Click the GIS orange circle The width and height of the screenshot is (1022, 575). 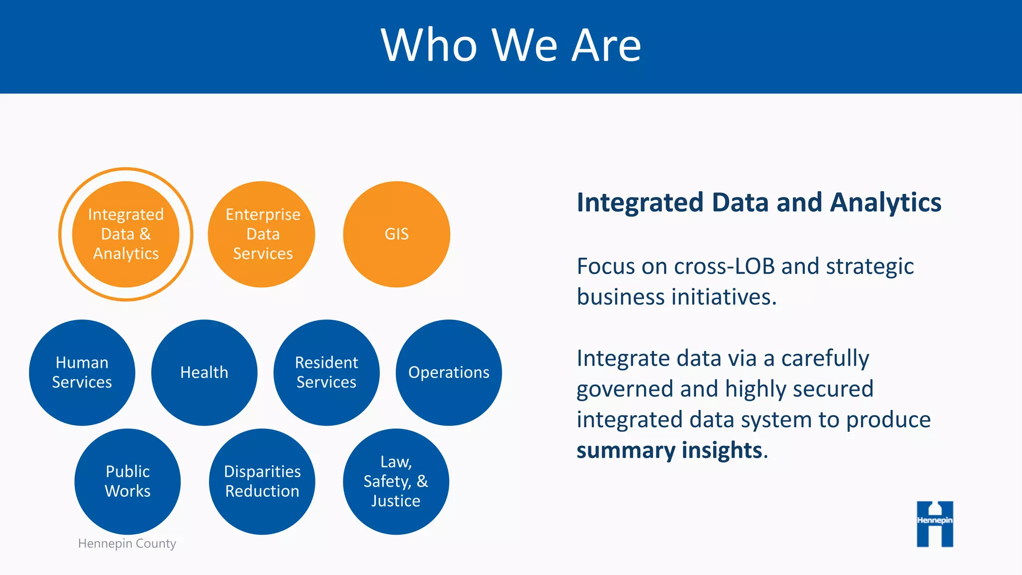[397, 234]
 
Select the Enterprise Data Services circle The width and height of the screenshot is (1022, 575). [262, 234]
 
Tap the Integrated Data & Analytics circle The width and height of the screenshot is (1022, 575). [126, 234]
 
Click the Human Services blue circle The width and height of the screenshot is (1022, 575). [82, 372]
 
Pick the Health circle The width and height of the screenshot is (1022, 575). [204, 372]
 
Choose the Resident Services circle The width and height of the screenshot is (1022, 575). [326, 372]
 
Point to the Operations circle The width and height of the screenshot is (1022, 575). [449, 372]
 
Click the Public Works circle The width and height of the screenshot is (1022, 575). [128, 482]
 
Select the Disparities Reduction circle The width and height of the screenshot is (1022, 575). [262, 482]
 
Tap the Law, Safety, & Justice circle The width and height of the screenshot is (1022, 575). [396, 482]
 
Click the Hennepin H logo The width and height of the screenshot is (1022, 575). [935, 524]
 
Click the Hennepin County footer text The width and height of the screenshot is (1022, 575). [127, 543]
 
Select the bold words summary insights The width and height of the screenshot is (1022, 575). [669, 450]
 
